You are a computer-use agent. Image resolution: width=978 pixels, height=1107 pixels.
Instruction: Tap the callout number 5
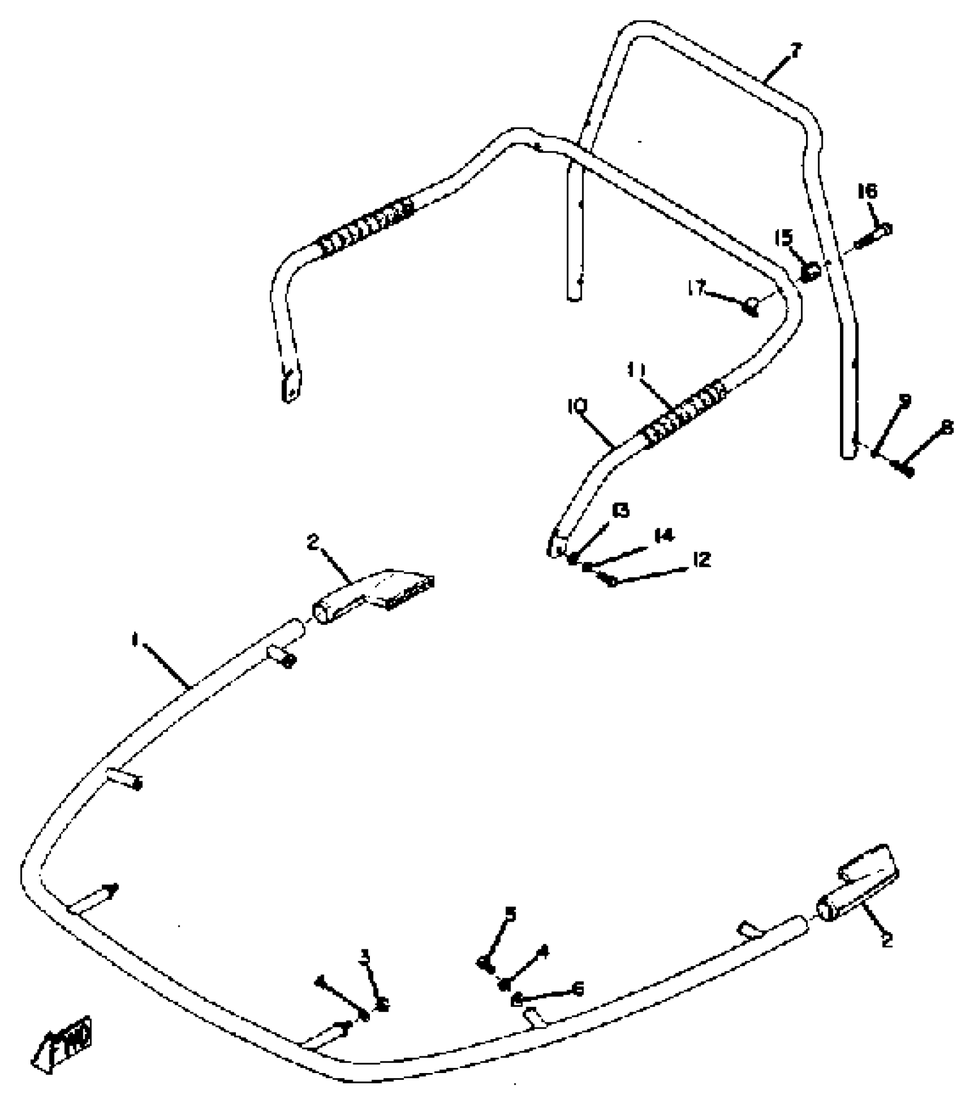click(510, 914)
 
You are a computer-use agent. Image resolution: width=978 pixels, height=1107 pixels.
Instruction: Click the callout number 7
click(796, 51)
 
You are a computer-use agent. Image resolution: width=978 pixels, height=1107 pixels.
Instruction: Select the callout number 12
click(702, 559)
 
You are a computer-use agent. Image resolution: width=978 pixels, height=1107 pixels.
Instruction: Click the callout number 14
click(664, 536)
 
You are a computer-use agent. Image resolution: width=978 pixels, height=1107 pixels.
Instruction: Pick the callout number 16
click(868, 191)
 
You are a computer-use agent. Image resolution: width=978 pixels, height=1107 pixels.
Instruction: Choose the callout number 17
click(697, 288)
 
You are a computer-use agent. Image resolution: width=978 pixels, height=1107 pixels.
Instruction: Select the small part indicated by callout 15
click(811, 271)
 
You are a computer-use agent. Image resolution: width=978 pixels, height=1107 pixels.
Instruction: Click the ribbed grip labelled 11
click(682, 413)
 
